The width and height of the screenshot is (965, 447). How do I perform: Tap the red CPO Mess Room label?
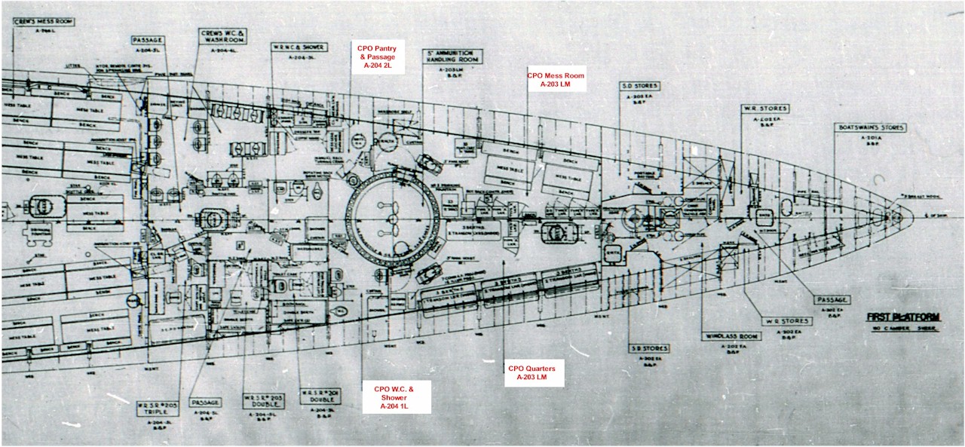tap(556, 80)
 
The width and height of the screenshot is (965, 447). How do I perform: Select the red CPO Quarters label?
tap(532, 373)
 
